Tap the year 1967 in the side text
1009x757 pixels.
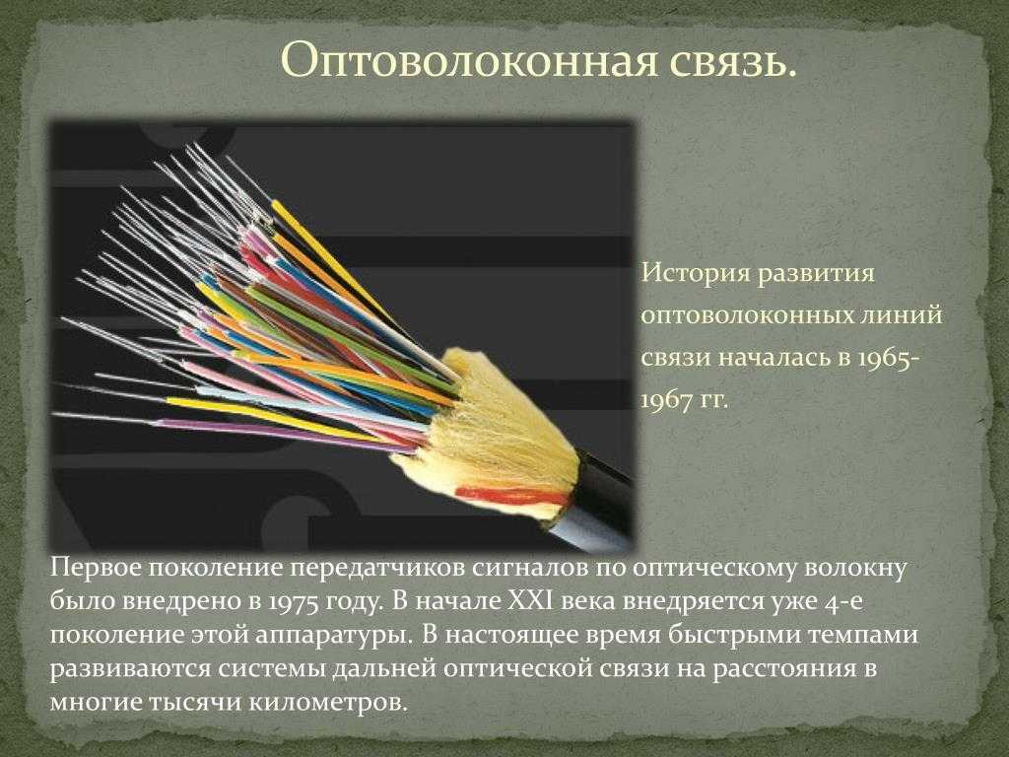click(668, 400)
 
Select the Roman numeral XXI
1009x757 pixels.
click(533, 600)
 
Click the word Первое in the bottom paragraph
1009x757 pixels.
click(96, 569)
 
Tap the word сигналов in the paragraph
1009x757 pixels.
click(528, 569)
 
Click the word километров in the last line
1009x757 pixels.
click(327, 702)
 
